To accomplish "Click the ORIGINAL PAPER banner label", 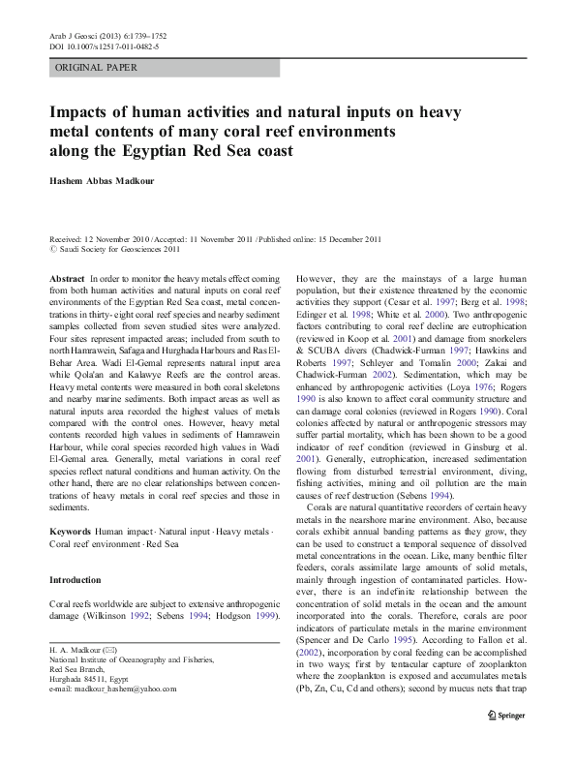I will (x=96, y=68).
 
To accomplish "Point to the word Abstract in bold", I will (x=66, y=278).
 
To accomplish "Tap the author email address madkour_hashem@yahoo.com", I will (x=112, y=689).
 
